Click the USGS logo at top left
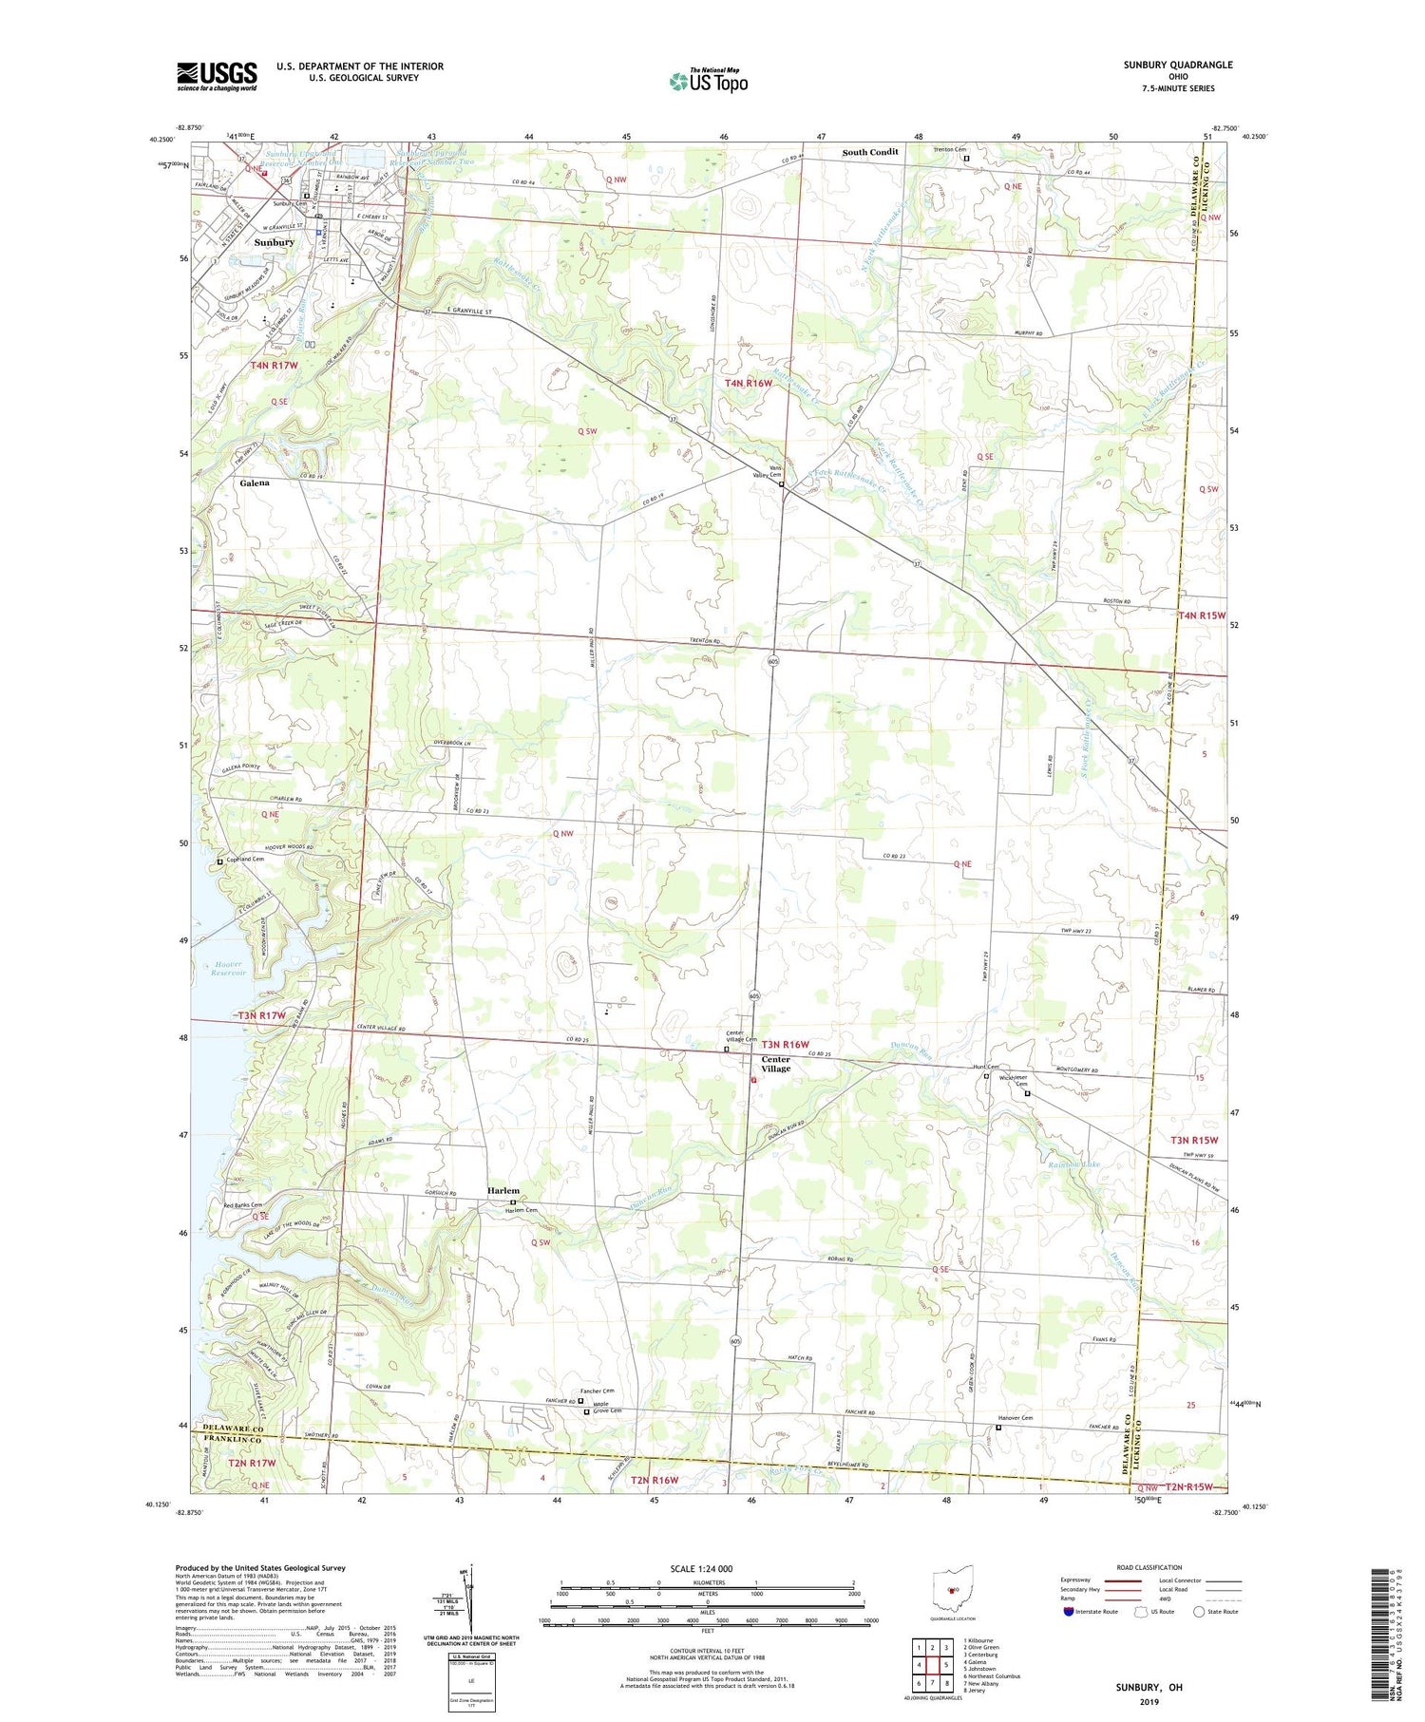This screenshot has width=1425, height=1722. (x=217, y=76)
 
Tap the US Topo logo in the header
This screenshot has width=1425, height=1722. (x=708, y=81)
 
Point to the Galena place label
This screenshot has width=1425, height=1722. (x=255, y=483)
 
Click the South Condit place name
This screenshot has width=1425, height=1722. (x=870, y=152)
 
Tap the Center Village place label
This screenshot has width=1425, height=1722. (x=775, y=1064)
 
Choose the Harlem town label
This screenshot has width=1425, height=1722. (x=503, y=1190)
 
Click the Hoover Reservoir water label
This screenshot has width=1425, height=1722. (x=226, y=969)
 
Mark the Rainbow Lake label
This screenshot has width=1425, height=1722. (x=1073, y=1164)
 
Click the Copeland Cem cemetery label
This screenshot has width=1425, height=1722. (x=245, y=859)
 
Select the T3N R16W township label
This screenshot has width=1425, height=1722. (x=784, y=1045)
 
